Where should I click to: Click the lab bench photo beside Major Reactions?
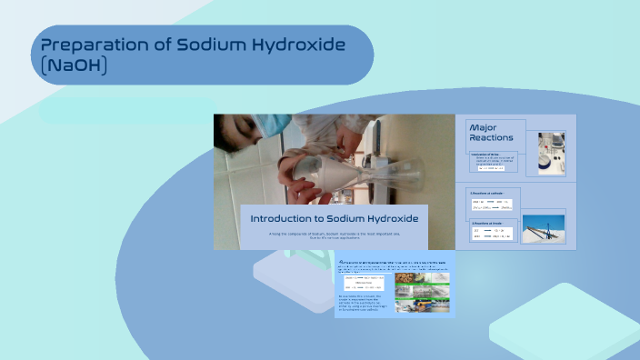(x=551, y=152)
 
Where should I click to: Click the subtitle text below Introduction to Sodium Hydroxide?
(x=334, y=236)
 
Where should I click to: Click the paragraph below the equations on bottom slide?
(x=364, y=305)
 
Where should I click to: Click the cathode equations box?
(x=494, y=205)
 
